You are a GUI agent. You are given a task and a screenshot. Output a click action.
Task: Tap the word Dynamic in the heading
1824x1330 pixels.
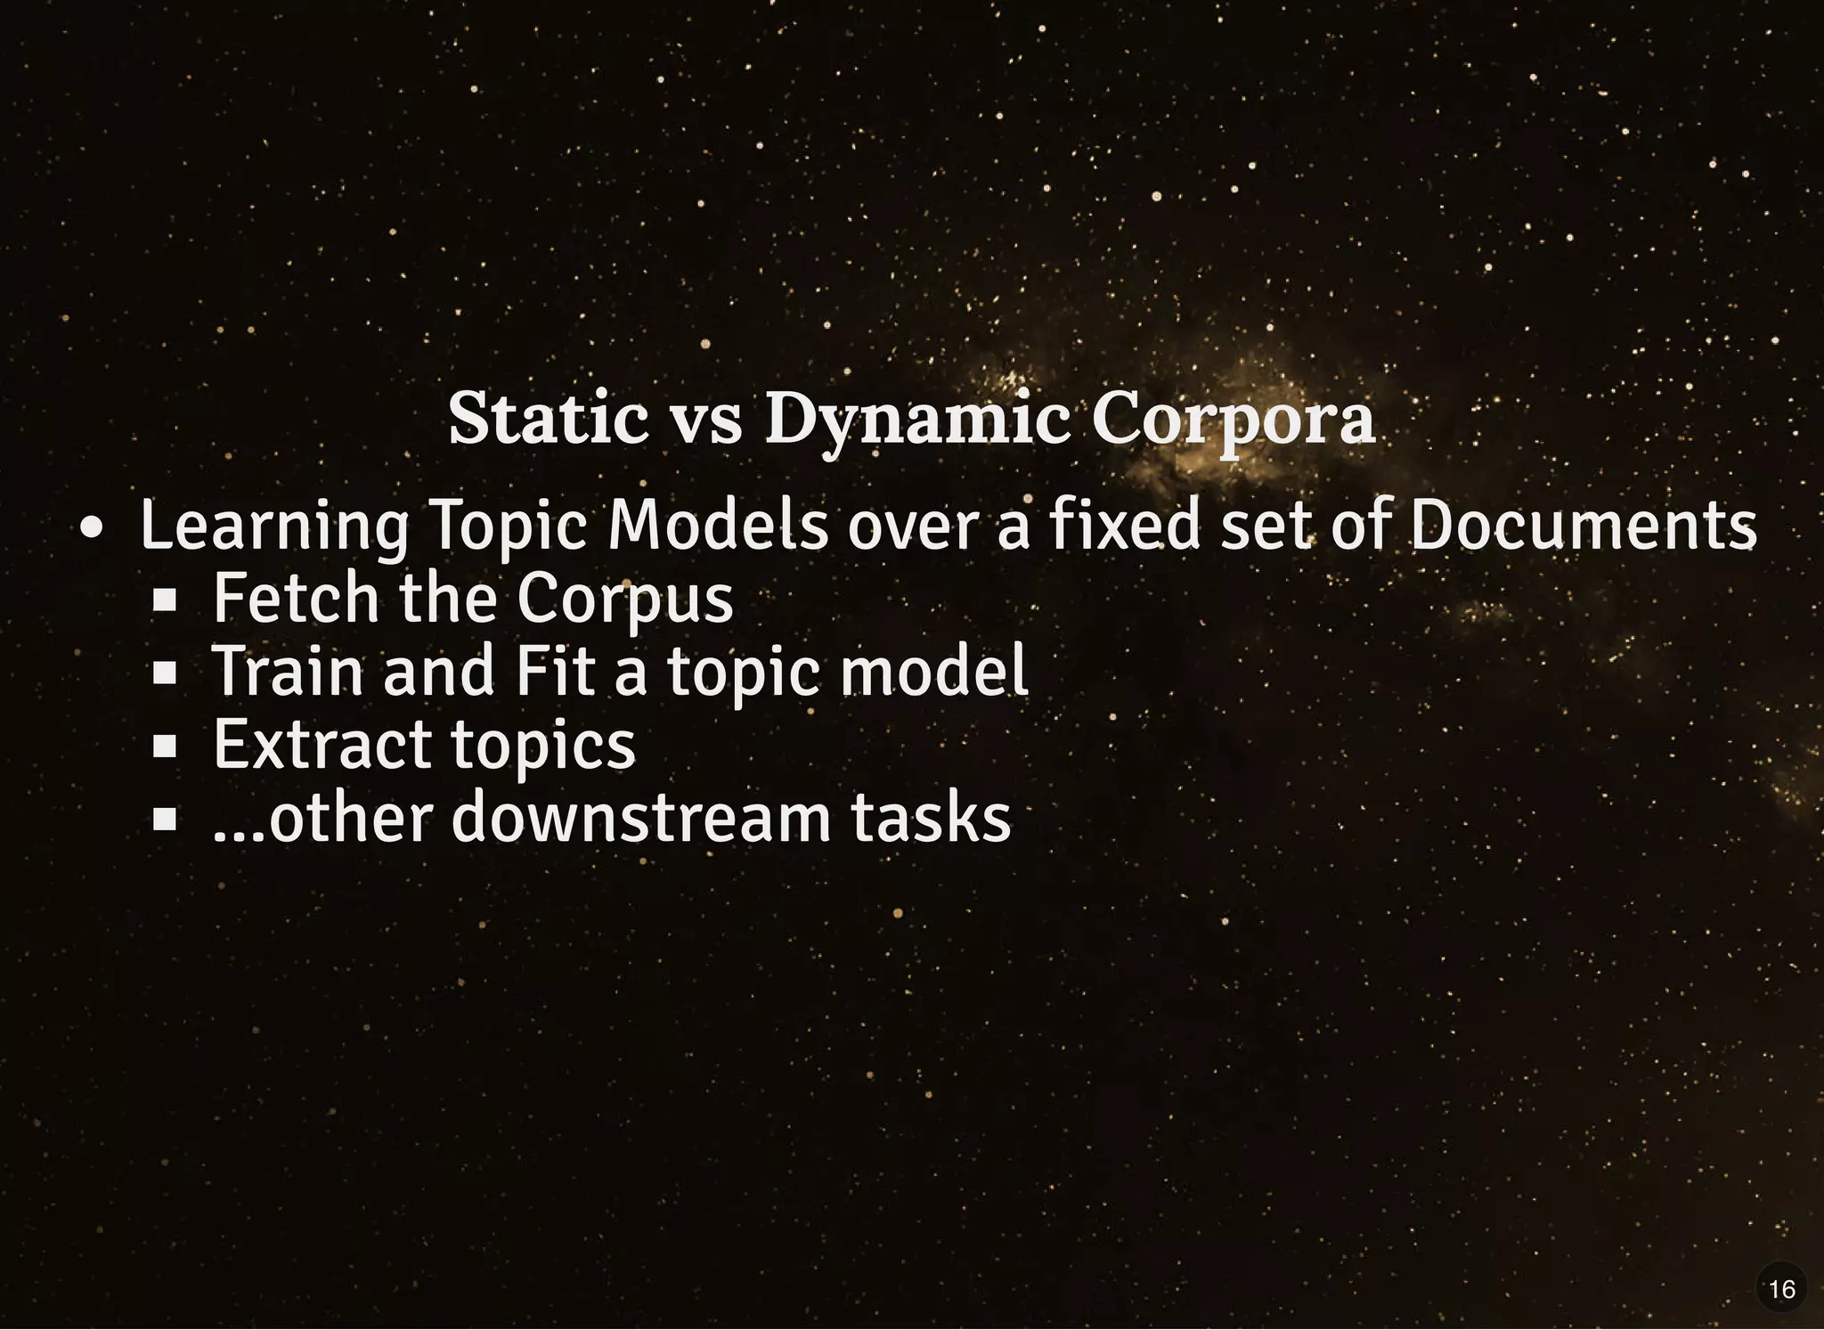point(917,420)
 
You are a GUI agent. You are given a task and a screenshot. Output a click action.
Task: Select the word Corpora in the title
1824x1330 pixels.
point(1234,420)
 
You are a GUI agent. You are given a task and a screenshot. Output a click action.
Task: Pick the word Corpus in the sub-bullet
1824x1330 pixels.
point(625,600)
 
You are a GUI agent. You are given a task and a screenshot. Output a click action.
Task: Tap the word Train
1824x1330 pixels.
point(289,672)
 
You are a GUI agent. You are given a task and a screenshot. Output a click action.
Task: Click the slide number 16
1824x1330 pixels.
point(1782,1289)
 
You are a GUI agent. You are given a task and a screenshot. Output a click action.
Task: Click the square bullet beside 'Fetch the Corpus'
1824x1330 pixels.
point(165,600)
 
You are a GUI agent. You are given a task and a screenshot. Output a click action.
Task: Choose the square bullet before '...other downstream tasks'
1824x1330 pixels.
point(165,819)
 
